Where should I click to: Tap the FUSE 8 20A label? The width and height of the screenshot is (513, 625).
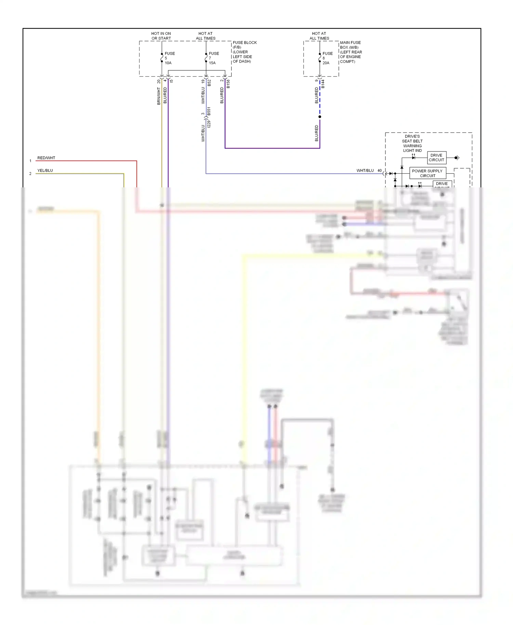pos(327,58)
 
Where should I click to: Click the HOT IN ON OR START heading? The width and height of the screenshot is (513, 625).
pos(161,36)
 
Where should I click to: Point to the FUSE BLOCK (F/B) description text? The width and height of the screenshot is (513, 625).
pos(244,52)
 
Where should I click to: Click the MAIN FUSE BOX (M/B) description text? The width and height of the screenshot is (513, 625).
pos(351,52)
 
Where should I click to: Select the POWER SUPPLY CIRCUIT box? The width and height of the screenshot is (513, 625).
pos(428,173)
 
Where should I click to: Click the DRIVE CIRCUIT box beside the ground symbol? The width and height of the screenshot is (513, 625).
pos(436,158)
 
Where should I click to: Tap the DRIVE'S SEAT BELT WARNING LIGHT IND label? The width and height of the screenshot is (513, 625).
pos(412,143)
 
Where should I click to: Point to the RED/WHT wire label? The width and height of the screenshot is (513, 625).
pos(46,158)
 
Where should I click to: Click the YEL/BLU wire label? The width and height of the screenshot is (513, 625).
pos(45,171)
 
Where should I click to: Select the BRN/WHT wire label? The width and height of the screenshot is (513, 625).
pos(159,96)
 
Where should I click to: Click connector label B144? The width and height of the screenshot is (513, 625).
pos(323,84)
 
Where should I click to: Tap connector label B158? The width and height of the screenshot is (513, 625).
pos(228,84)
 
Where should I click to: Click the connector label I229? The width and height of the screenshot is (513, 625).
pos(209,124)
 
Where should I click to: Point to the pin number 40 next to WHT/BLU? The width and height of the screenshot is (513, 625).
pos(379,171)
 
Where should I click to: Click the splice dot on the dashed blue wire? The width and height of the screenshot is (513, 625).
pos(320,117)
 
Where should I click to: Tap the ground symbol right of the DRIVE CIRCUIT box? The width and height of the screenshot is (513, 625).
pos(457,158)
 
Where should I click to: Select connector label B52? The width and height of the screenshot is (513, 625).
pos(209,83)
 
